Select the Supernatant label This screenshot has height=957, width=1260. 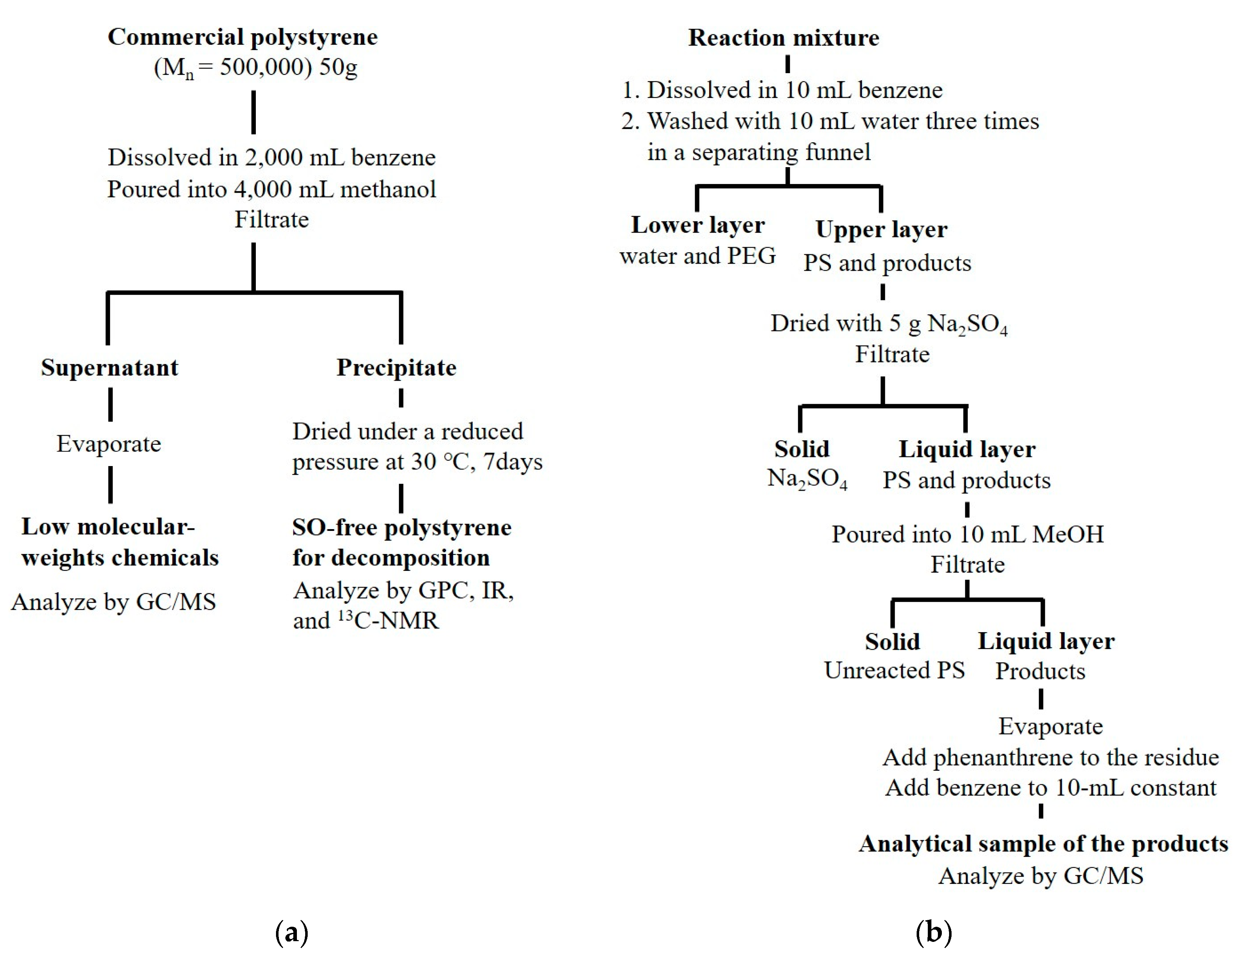pos(110,367)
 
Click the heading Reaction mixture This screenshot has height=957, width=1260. pos(784,37)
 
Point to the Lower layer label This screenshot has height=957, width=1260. pos(698,225)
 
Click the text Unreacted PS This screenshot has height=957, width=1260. pos(894,670)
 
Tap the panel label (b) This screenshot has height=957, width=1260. pos(934,933)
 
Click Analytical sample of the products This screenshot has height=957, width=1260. pos(1043,844)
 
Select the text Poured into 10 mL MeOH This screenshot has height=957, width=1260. pos(967,534)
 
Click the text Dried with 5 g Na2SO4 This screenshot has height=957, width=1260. pos(889,323)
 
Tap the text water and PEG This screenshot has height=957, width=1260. pos(698,256)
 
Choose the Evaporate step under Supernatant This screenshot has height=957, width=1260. pos(109,444)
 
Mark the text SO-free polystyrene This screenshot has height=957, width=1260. pos(402,528)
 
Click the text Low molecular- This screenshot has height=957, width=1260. pos(108,527)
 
